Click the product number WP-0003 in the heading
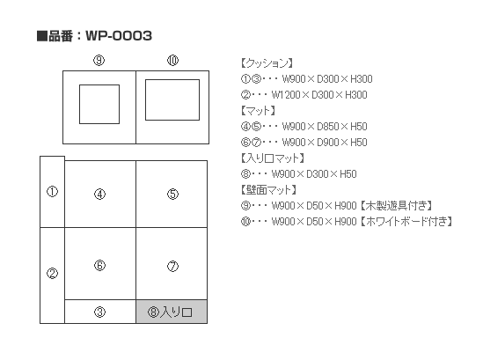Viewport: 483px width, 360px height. [x=119, y=36]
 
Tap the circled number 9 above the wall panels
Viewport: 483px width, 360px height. [x=99, y=60]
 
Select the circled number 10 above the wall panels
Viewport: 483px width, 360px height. [x=172, y=60]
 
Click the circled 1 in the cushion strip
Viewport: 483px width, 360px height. [x=52, y=191]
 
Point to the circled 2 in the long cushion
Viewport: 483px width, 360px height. [x=52, y=273]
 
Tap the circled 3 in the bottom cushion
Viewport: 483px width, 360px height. [x=99, y=312]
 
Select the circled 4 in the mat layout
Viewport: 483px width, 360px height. [x=99, y=195]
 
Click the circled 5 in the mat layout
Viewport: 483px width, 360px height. [x=172, y=195]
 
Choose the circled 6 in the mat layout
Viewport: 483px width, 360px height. [x=99, y=265]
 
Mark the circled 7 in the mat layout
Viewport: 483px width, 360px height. [x=172, y=266]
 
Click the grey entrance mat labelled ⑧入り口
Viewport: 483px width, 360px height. [x=172, y=312]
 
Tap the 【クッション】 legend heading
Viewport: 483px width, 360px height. [x=267, y=63]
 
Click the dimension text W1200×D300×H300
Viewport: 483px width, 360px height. [x=319, y=95]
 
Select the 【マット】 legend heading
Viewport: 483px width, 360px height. [x=258, y=111]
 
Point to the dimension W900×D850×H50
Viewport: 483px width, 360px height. [x=325, y=127]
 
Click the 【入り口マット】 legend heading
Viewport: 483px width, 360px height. [x=273, y=158]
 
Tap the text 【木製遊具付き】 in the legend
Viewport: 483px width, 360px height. [x=397, y=205]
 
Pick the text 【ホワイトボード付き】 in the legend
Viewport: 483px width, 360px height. [x=406, y=221]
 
